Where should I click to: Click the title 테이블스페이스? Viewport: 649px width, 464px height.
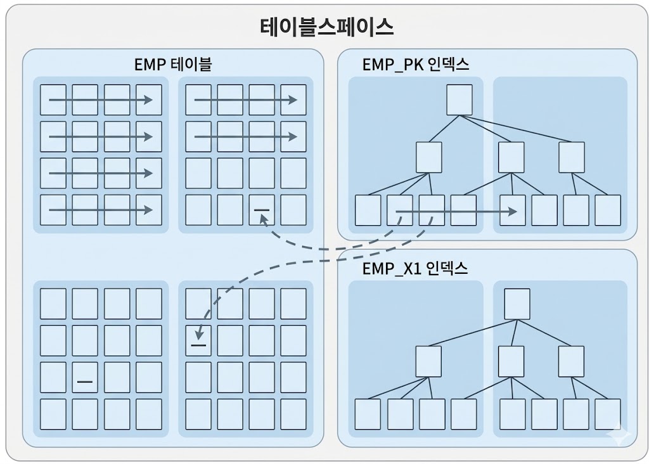point(327,27)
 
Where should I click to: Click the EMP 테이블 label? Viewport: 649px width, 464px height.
point(173,64)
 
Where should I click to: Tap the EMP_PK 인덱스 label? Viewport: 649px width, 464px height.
point(416,64)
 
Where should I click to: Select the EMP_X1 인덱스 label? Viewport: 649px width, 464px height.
point(415,268)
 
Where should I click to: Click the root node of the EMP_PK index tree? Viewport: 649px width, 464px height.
point(459,100)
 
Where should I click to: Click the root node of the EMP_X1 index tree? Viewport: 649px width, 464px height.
point(517,304)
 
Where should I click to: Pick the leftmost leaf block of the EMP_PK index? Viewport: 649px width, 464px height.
point(368,210)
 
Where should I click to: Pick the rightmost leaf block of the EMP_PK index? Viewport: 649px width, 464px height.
point(608,210)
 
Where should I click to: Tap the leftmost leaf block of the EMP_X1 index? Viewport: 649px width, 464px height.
point(368,415)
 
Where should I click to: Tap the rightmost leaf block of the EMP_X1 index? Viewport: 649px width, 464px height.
point(608,415)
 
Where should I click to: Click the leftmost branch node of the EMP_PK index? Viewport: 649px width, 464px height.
point(428,157)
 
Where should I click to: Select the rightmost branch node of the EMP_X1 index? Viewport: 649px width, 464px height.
point(571,361)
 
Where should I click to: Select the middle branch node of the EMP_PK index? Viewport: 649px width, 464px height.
point(511,157)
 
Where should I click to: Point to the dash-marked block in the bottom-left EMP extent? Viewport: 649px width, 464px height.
point(85,378)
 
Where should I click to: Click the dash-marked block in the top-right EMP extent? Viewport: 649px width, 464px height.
point(261,210)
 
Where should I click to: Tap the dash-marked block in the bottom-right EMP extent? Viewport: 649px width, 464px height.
point(198,341)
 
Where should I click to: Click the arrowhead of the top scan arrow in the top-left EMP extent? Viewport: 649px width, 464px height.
point(148,100)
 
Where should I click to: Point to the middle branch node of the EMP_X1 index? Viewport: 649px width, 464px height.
point(511,361)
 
